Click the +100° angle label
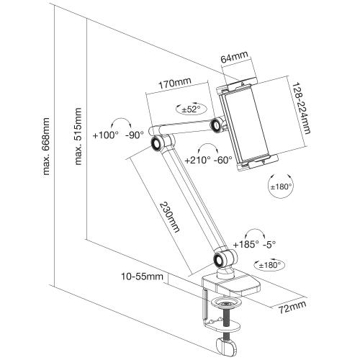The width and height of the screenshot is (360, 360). click(x=106, y=135)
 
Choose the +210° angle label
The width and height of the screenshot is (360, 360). click(x=197, y=160)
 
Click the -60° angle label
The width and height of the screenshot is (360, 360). click(x=224, y=160)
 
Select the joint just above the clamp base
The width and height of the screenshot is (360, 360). click(x=220, y=258)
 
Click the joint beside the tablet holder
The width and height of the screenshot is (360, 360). click(x=215, y=127)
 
